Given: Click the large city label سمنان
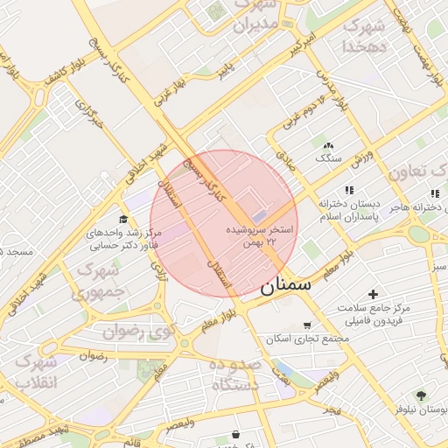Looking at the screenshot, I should click(x=285, y=284).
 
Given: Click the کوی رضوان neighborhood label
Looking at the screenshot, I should click(x=140, y=331).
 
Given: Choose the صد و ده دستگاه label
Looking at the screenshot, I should click(x=234, y=374).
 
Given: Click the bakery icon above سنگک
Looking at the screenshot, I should click(x=328, y=145).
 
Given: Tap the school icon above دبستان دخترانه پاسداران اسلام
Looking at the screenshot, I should click(x=349, y=190).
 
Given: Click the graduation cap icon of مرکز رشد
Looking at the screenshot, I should click(x=123, y=219).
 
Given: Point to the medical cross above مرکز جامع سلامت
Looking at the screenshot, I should click(x=374, y=294).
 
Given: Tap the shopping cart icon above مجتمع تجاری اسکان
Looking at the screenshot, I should click(x=306, y=325).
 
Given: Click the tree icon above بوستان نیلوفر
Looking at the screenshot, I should click(x=421, y=395).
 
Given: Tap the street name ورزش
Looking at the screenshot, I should click(x=362, y=159).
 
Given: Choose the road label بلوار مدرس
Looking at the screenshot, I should click(x=332, y=90).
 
